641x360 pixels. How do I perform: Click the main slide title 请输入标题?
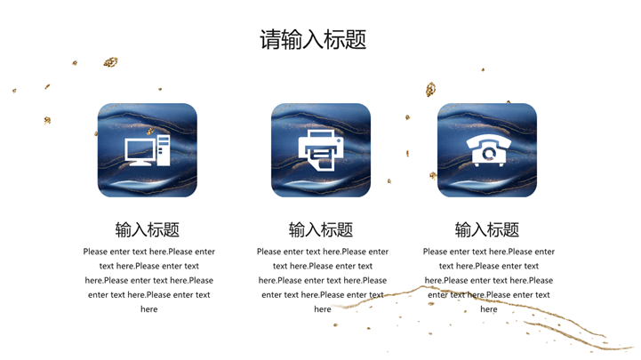(313, 40)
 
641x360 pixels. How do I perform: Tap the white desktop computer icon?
(148, 150)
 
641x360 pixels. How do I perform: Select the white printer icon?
(321, 150)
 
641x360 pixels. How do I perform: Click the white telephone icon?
(489, 151)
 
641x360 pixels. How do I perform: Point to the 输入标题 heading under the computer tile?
(148, 229)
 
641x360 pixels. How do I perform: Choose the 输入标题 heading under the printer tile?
(321, 229)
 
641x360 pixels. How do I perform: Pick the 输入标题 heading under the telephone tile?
(487, 229)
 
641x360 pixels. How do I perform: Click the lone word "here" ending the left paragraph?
(148, 309)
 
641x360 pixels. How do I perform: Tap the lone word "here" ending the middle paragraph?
(323, 309)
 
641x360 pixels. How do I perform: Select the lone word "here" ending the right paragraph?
(489, 309)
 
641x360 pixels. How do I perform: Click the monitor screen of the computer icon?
(140, 149)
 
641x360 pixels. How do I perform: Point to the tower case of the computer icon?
(164, 150)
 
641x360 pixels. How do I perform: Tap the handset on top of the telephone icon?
(489, 142)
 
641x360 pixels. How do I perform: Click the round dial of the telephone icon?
(489, 153)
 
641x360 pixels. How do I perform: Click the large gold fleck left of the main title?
(110, 62)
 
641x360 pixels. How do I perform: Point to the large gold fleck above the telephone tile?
(430, 89)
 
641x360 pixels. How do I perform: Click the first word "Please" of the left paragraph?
(96, 252)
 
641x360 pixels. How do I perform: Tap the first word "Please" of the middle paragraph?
(269, 252)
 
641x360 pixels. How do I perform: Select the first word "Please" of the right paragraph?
(436, 252)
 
